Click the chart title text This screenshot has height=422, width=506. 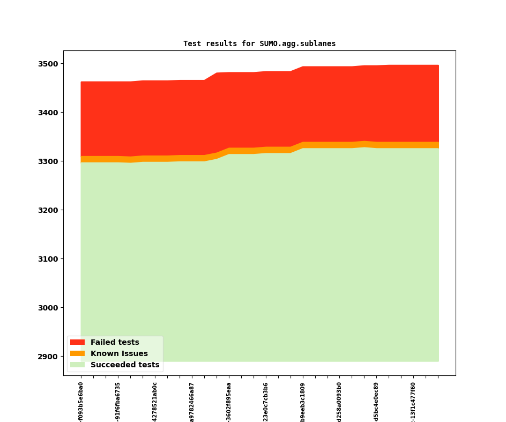(259, 44)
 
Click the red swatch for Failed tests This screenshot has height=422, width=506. (77, 342)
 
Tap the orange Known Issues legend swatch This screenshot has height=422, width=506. (77, 353)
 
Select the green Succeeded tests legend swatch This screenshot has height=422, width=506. (77, 365)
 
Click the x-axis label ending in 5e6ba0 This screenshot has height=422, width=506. (81, 402)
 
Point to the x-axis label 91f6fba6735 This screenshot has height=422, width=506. (118, 402)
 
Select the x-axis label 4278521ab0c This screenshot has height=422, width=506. (155, 402)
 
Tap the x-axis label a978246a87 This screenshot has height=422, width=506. (192, 402)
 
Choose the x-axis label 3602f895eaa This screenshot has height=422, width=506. (229, 402)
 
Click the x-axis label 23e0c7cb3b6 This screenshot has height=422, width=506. (266, 402)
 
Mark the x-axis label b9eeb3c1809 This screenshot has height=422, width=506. (303, 402)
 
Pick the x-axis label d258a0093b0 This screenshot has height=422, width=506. (339, 402)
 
